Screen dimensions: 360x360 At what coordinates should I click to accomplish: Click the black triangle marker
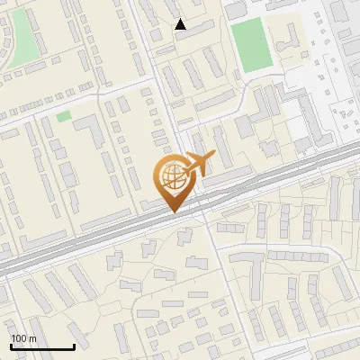[x=181, y=24]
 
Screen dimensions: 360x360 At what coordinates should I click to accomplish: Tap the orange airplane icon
[x=199, y=163]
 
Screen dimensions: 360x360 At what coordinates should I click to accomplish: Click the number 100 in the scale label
[x=19, y=338]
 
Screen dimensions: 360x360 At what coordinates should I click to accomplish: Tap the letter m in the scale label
[x=32, y=338]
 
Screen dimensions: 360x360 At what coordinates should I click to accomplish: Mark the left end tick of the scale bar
[x=10, y=346]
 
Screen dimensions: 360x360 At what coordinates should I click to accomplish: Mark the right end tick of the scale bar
[x=74, y=346]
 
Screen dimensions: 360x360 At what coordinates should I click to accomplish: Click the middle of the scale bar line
[x=41, y=347]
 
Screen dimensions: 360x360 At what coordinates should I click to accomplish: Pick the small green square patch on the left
[x=63, y=116]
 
